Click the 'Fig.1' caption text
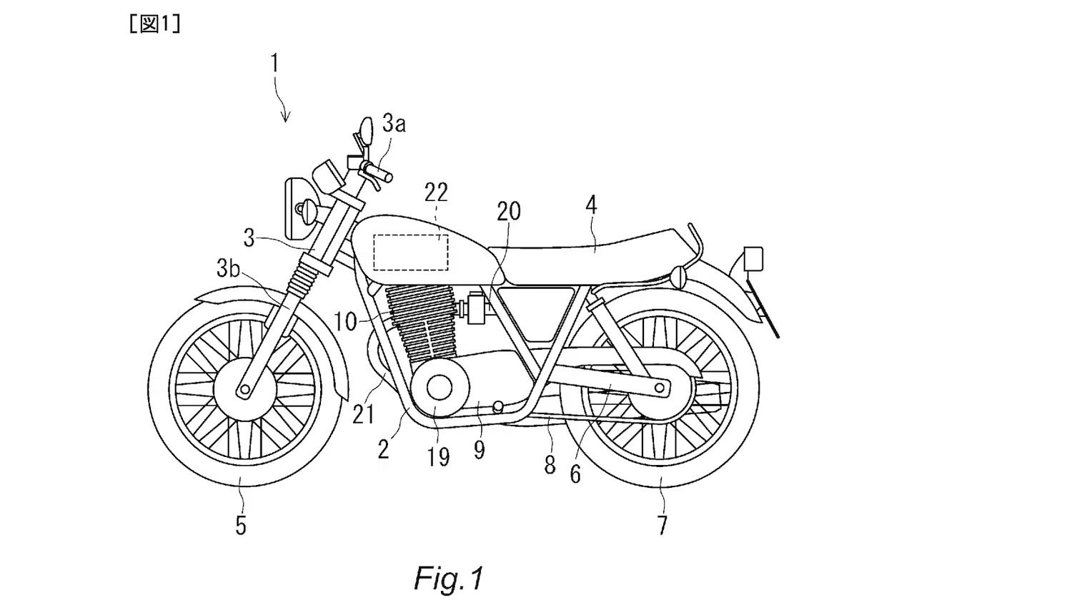(448, 577)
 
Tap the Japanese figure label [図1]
(154, 24)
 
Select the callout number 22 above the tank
(436, 192)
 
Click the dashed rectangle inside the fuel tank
(411, 252)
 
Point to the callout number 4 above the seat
(590, 206)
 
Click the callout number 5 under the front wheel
(241, 526)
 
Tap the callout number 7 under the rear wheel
(662, 526)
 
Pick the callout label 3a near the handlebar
(394, 124)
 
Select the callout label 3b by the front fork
(228, 269)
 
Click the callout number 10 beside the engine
(345, 322)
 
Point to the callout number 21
(363, 414)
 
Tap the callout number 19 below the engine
(439, 456)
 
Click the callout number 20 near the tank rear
(509, 211)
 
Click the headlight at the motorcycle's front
(300, 208)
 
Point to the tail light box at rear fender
(753, 258)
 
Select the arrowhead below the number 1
(286, 118)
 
